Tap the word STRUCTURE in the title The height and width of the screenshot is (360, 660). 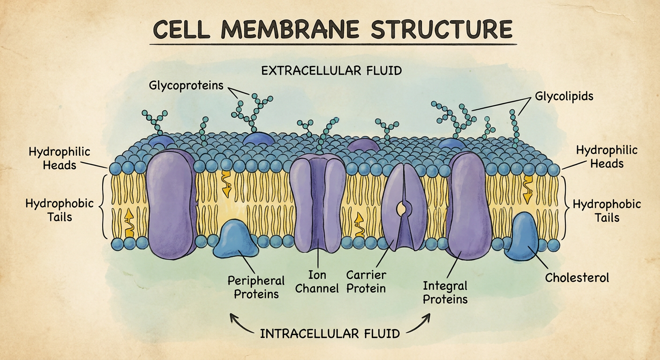coord(442,29)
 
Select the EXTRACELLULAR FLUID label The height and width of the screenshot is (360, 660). coord(331,71)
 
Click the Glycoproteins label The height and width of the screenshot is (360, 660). coord(186,85)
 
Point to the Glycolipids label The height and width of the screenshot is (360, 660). coord(564,97)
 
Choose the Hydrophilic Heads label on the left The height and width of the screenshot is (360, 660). coord(60,158)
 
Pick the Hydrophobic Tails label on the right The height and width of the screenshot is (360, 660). coord(607,211)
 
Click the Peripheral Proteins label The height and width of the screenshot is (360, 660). coord(256,287)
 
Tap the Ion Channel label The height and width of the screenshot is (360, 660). coord(317,282)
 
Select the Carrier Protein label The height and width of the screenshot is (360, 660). coord(366,282)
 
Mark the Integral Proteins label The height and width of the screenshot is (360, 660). coord(445,292)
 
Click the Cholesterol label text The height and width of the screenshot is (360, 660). coord(577,278)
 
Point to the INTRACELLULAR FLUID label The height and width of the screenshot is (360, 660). coord(330,334)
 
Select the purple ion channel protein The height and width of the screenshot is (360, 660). coord(317,203)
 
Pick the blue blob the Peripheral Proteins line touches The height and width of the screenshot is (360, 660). coord(235,239)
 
